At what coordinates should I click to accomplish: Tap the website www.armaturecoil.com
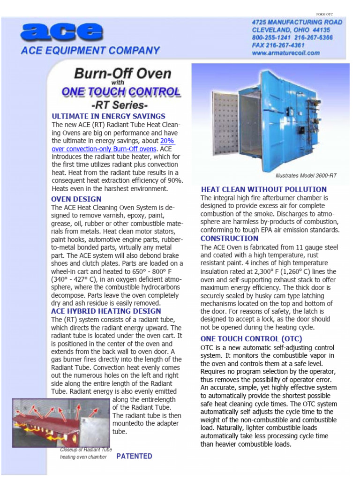point(285,53)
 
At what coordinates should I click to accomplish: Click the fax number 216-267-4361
point(278,45)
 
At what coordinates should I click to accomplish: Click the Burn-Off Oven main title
point(122,74)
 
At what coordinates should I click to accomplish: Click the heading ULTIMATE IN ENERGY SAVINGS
point(108,116)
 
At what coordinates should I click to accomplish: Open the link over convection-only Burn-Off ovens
point(104,149)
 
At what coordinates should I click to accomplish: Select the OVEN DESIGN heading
point(76,199)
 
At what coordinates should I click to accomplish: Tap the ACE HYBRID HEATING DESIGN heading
point(106,311)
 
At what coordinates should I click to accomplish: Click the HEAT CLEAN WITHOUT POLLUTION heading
point(264,189)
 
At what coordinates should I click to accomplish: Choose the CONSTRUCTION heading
point(229,238)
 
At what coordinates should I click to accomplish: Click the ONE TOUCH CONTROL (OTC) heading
point(251,338)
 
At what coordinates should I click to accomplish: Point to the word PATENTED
point(134,456)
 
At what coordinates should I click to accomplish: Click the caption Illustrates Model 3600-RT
point(306,176)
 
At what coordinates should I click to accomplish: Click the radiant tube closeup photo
point(61,421)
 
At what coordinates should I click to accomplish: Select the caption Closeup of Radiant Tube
point(85,450)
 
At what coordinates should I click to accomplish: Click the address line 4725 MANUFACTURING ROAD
point(297,22)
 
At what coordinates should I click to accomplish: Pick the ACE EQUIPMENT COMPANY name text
point(90,50)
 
